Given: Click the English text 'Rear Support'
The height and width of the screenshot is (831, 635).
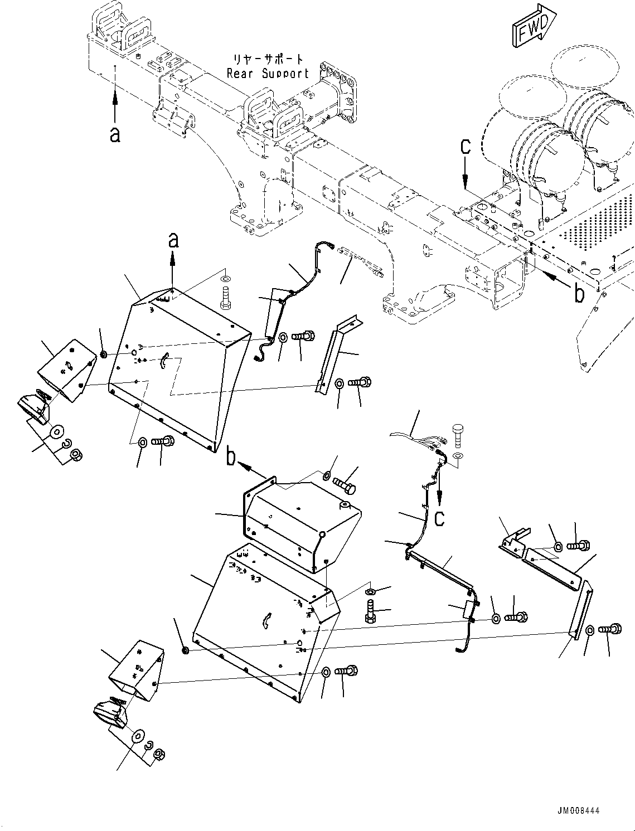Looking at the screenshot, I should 268,73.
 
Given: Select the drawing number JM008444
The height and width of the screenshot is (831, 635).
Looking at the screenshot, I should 577,811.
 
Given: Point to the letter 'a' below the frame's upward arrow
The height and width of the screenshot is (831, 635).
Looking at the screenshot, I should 115,134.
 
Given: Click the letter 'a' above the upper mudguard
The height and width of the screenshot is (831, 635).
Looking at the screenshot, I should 173,240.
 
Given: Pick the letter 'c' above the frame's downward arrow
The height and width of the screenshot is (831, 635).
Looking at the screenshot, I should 465,147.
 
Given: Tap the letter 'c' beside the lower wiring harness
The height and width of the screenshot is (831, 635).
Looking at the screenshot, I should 439,518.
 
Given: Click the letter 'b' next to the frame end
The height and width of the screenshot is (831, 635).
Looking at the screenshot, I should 580,294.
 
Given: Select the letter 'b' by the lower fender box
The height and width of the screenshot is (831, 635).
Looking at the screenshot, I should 231,458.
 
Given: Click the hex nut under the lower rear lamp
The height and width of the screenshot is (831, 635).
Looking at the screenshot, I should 158,755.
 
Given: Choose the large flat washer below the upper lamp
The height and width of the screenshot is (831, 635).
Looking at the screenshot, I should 57,431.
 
